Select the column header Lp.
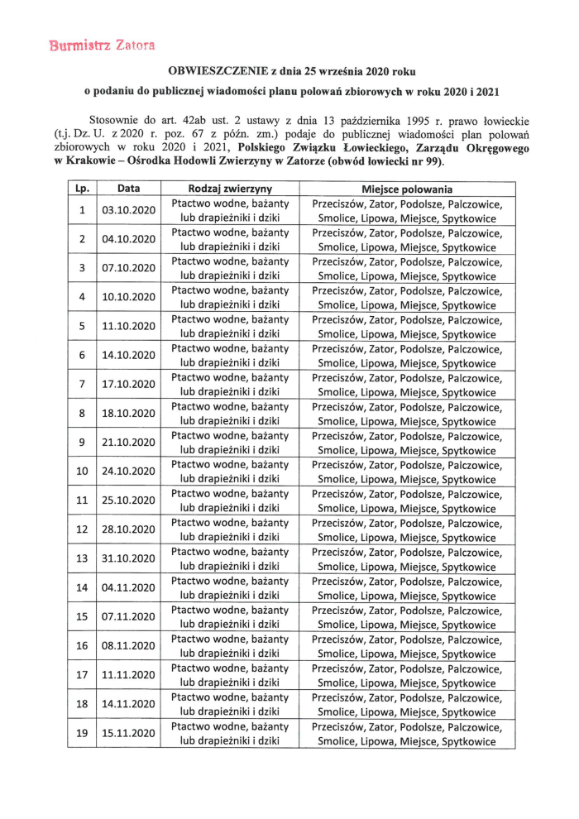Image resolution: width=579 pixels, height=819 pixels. click(x=82, y=189)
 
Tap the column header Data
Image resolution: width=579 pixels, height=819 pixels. click(x=128, y=189)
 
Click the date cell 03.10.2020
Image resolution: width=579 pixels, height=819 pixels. click(x=128, y=210)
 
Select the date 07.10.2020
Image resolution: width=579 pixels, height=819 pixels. click(x=128, y=268)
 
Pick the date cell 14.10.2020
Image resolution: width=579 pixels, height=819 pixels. click(x=128, y=355)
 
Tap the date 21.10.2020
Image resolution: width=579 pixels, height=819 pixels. click(x=128, y=443)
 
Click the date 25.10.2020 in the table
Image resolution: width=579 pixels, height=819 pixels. click(x=128, y=500)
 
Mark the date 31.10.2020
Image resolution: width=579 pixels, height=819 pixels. click(x=128, y=558)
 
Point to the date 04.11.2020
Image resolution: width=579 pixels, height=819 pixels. click(x=128, y=588)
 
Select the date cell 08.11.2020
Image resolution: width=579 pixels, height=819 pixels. click(x=128, y=646)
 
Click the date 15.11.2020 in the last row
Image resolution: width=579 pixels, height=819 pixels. click(x=128, y=733)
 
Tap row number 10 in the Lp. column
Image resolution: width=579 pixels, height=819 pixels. click(x=82, y=472)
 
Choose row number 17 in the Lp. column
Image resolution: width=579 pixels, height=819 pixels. click(x=82, y=675)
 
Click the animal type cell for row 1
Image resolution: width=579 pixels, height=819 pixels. click(x=230, y=210)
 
